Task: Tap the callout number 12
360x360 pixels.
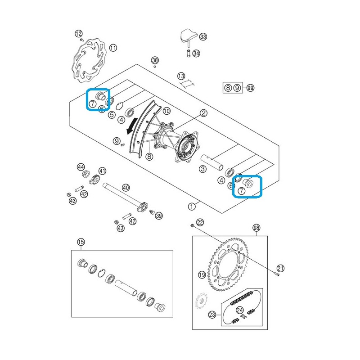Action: [x=78, y=34]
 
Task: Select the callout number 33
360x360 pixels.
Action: [x=203, y=36]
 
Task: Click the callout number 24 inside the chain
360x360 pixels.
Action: [x=240, y=310]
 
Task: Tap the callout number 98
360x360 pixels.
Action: [x=256, y=228]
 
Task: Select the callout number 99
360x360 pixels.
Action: [x=250, y=88]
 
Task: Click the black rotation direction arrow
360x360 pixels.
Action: [x=132, y=126]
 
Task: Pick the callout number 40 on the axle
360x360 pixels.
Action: [x=126, y=188]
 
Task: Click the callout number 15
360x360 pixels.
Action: [x=81, y=242]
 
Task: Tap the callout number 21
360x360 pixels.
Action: [x=280, y=268]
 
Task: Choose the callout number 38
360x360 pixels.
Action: [x=155, y=60]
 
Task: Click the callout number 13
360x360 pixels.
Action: [x=181, y=76]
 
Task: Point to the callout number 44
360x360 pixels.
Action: [x=81, y=167]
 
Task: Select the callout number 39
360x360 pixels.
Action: [x=159, y=216]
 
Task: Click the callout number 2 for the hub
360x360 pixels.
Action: [x=203, y=113]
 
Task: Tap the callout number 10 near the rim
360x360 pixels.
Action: [x=166, y=111]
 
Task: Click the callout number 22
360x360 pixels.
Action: [x=200, y=222]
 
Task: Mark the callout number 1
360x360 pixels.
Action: [x=192, y=207]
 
